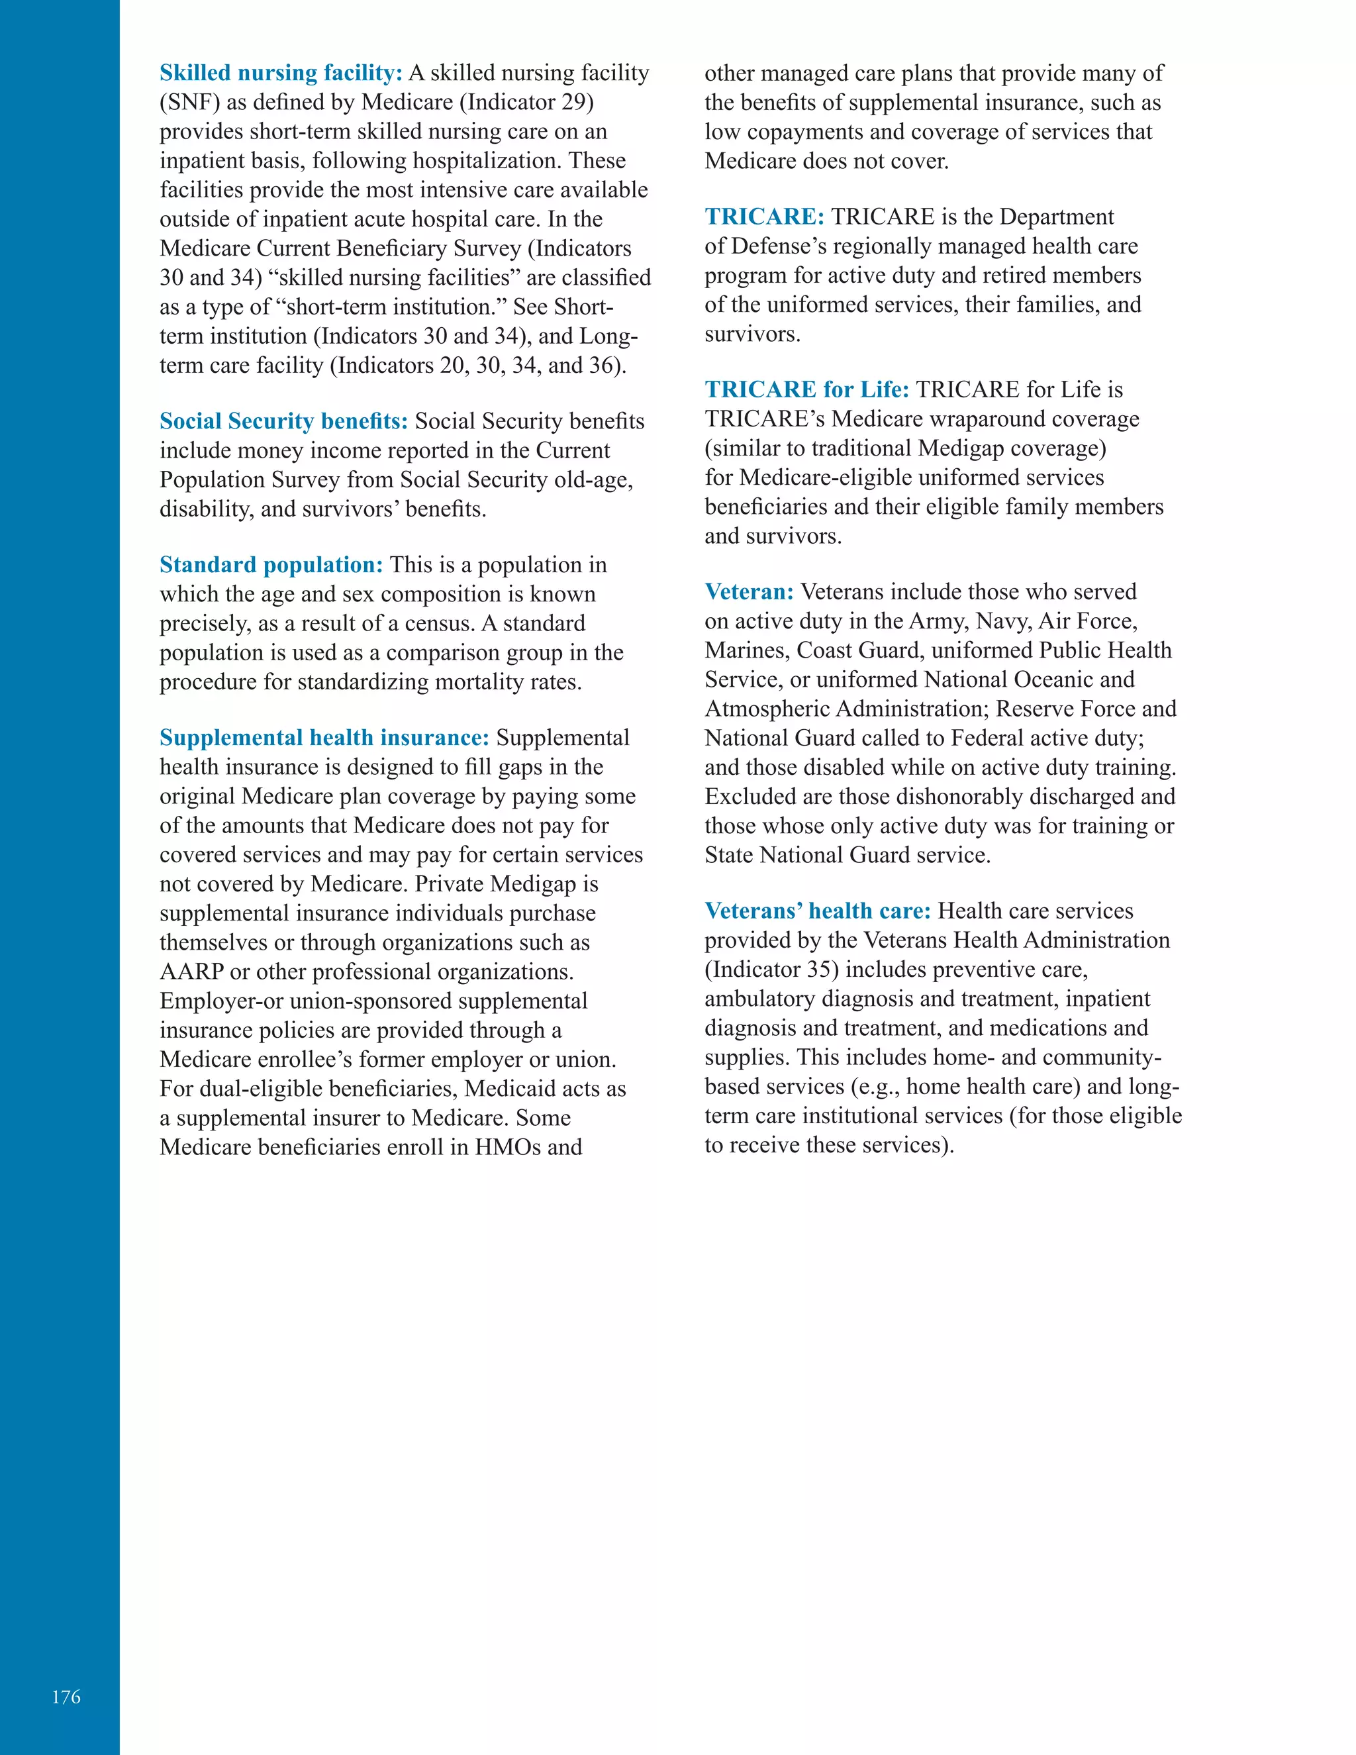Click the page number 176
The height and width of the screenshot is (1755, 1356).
(x=66, y=1696)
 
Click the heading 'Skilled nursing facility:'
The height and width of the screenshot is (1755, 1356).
(x=280, y=73)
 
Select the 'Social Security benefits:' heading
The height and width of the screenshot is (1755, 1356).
(x=283, y=421)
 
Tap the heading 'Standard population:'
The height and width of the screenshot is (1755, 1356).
(x=271, y=565)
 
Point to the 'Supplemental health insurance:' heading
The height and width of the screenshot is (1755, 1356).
(x=324, y=738)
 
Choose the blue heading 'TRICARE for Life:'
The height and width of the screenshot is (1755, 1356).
(x=806, y=389)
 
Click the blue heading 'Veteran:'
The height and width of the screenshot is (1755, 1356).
(x=749, y=592)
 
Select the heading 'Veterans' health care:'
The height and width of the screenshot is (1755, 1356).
(x=817, y=911)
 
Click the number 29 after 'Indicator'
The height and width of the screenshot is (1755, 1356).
(x=573, y=103)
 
